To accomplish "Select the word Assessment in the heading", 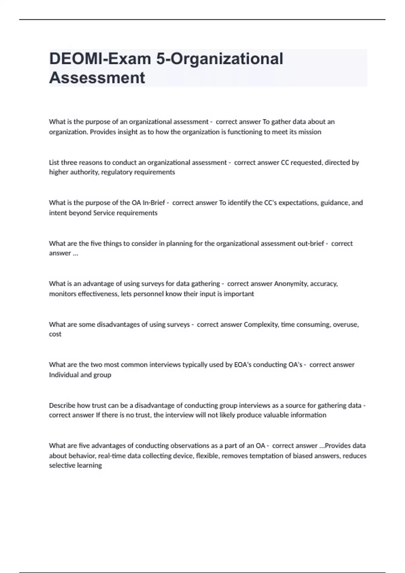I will [x=97, y=78].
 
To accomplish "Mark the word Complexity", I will [x=260, y=324].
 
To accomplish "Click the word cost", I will [x=55, y=334].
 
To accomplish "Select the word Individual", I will [x=63, y=375].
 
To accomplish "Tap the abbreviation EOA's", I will [x=242, y=365].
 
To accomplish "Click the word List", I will [x=54, y=162].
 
